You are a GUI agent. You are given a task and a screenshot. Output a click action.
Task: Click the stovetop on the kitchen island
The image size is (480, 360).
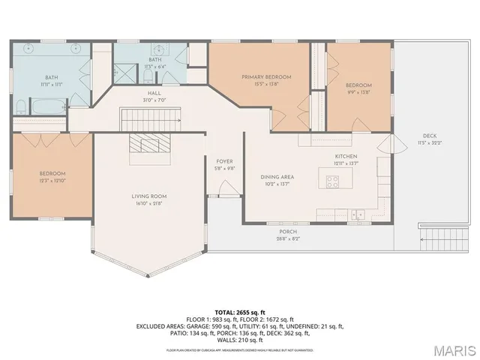tap(331, 181)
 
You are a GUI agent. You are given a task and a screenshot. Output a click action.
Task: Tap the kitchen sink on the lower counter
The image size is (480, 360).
tap(358, 214)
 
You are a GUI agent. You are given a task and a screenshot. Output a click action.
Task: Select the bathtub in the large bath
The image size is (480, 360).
tap(31, 106)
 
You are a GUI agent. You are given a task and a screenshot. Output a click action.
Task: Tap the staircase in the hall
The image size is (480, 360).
tap(151, 118)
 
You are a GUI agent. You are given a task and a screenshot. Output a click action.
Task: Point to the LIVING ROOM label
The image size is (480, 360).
tap(148, 196)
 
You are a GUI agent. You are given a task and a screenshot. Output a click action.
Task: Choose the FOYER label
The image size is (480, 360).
tap(224, 162)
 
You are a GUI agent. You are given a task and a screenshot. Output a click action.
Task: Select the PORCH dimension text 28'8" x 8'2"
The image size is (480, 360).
tap(288, 239)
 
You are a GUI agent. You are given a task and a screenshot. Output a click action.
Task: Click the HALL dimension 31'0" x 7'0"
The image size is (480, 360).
tap(154, 100)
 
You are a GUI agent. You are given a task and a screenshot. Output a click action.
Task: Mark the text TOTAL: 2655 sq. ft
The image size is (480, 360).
tap(240, 311)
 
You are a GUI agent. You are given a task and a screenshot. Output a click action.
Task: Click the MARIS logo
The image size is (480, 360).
tap(454, 349)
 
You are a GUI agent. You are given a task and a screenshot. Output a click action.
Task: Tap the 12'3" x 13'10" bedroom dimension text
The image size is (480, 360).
tap(52, 181)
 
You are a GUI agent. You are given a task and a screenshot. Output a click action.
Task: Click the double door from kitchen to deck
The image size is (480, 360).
tap(385, 145)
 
